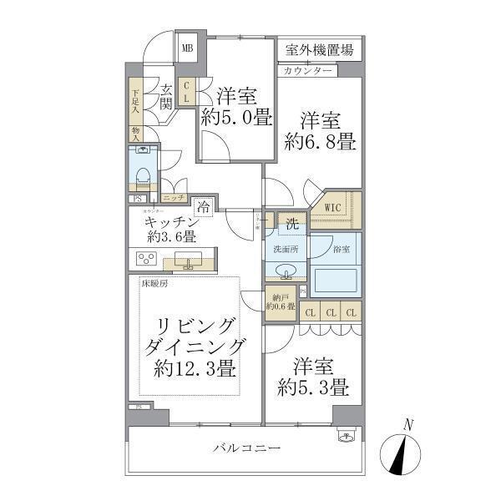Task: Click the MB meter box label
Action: (188, 48)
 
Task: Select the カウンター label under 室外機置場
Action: (308, 71)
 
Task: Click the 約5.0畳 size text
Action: (236, 118)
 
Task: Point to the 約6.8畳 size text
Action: (321, 142)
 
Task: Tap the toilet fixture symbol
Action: (143, 173)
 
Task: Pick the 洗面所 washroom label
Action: (281, 249)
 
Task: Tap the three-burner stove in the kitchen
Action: (148, 258)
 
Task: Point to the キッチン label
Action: (170, 223)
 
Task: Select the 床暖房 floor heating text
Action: (154, 286)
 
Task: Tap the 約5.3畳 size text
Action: (315, 388)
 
